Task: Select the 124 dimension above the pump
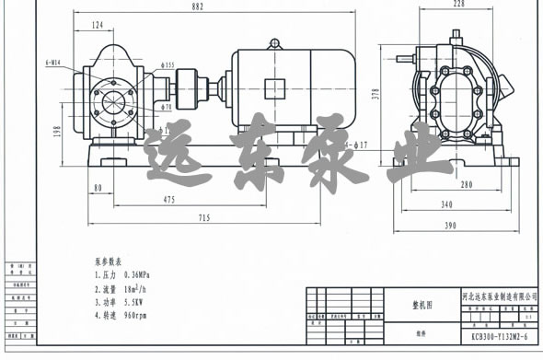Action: (97, 25)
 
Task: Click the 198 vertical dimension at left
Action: (57, 132)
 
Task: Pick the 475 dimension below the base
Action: (170, 199)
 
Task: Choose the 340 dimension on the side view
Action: (447, 205)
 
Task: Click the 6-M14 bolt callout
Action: (57, 64)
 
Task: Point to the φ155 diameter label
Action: (168, 65)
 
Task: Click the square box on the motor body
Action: (275, 88)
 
